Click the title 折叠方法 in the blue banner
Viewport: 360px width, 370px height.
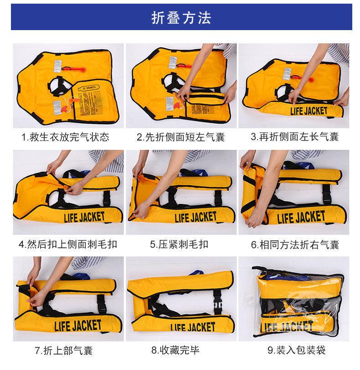coord(181,19)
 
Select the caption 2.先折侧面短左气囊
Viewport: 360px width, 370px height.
coord(180,137)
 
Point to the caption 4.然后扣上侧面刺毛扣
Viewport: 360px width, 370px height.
coord(67,244)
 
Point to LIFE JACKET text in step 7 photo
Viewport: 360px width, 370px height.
coord(74,326)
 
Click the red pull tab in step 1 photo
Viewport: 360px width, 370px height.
coord(78,69)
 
